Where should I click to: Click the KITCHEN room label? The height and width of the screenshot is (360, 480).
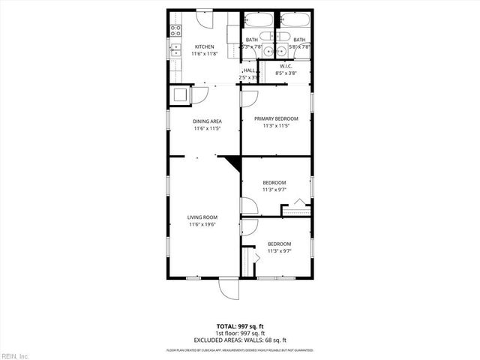tap(205, 46)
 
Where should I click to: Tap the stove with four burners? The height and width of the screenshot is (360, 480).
tap(175, 31)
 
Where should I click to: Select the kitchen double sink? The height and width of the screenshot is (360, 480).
tap(175, 51)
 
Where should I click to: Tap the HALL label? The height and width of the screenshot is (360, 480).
tap(248, 70)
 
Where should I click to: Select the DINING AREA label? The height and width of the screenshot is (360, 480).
tap(207, 121)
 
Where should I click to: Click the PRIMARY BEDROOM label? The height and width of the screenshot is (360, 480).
tap(276, 118)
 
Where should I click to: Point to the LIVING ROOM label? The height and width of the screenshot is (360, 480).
tap(202, 217)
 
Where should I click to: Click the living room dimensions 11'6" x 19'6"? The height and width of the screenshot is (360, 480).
tap(202, 224)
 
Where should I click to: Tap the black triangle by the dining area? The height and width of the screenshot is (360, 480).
tap(232, 163)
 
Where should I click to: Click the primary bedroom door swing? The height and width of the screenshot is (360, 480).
tap(250, 95)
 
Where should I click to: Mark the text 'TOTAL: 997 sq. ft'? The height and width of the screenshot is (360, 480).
tap(239, 326)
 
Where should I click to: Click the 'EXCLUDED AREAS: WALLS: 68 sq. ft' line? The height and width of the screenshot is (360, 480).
tap(239, 340)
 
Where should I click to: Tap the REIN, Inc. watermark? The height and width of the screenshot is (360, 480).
tap(15, 355)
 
